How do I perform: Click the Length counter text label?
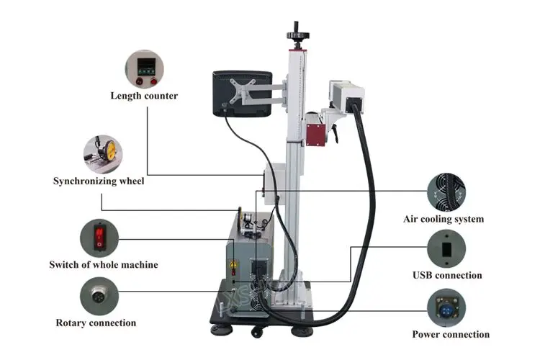144,96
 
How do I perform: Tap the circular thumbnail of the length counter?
144,68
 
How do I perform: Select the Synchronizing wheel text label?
99,181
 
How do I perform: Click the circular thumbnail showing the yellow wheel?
102,152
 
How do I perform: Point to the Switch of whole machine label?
103,265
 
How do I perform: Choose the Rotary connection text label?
96,323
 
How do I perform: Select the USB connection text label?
447,275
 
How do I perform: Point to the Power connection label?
451,334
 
